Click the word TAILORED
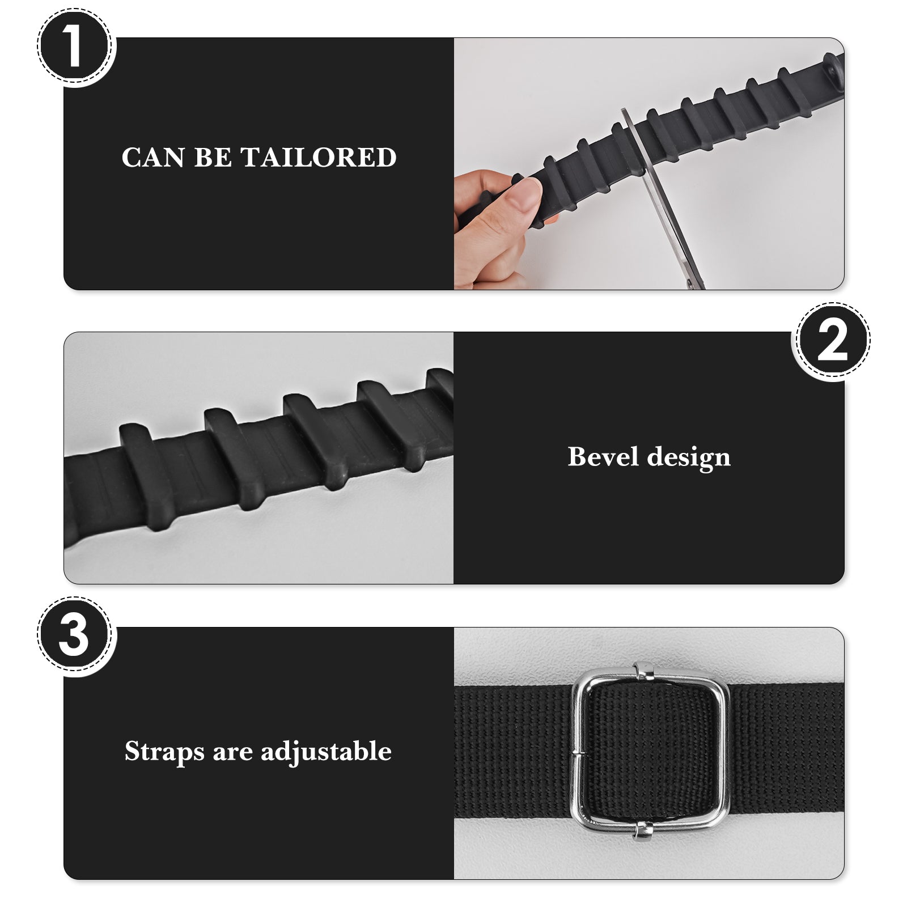[x=319, y=158]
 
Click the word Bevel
[x=603, y=456]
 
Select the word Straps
[x=164, y=752]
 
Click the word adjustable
[x=326, y=752]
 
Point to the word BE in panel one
[x=213, y=158]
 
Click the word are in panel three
[x=232, y=755]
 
